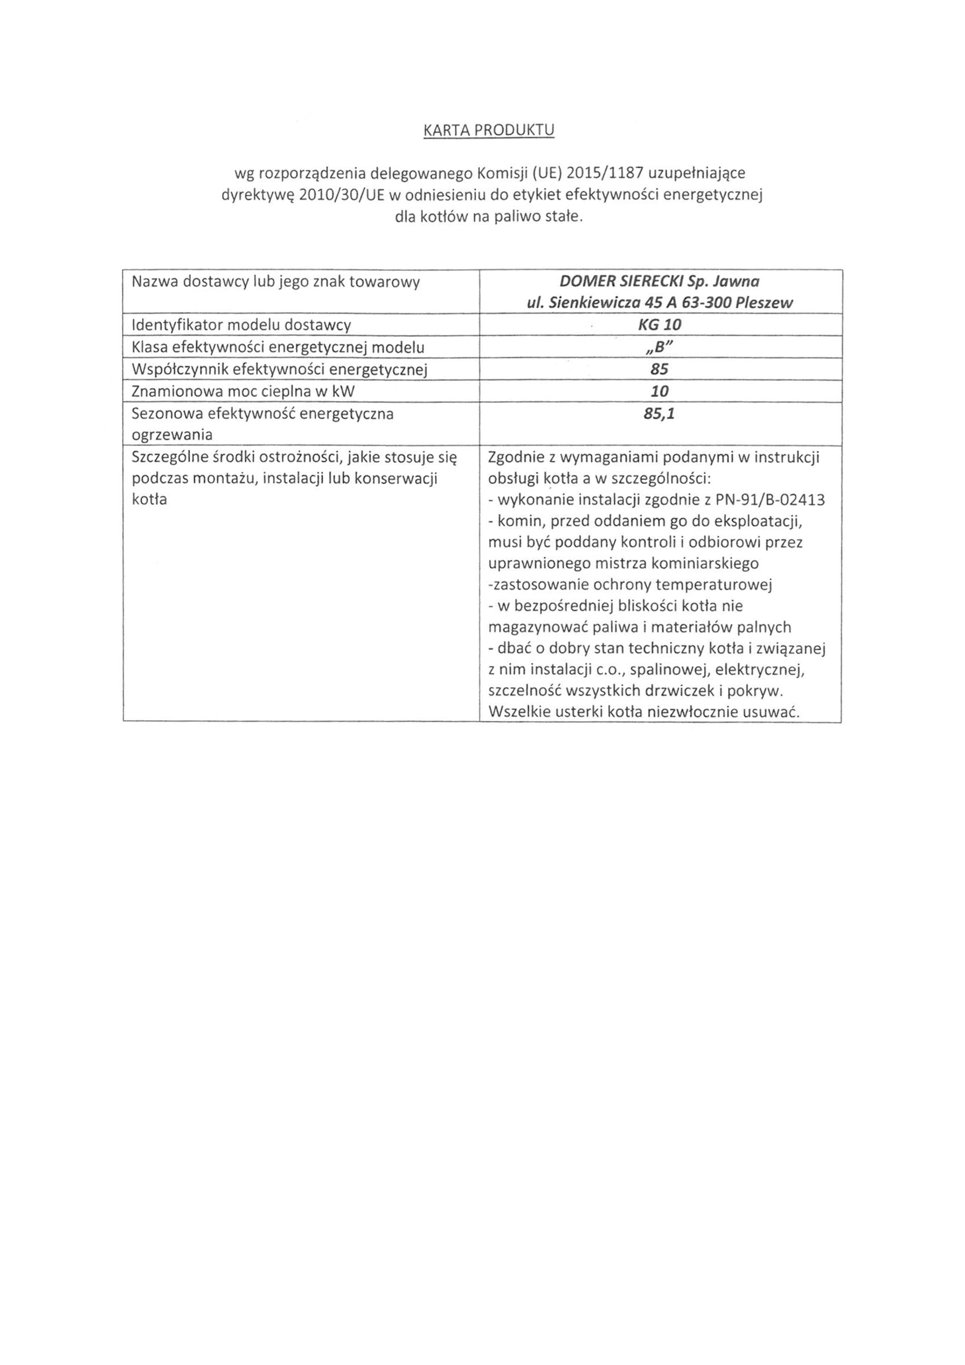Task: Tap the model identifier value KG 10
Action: pos(660,325)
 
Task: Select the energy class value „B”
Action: pos(660,347)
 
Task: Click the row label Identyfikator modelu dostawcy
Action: pos(241,325)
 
